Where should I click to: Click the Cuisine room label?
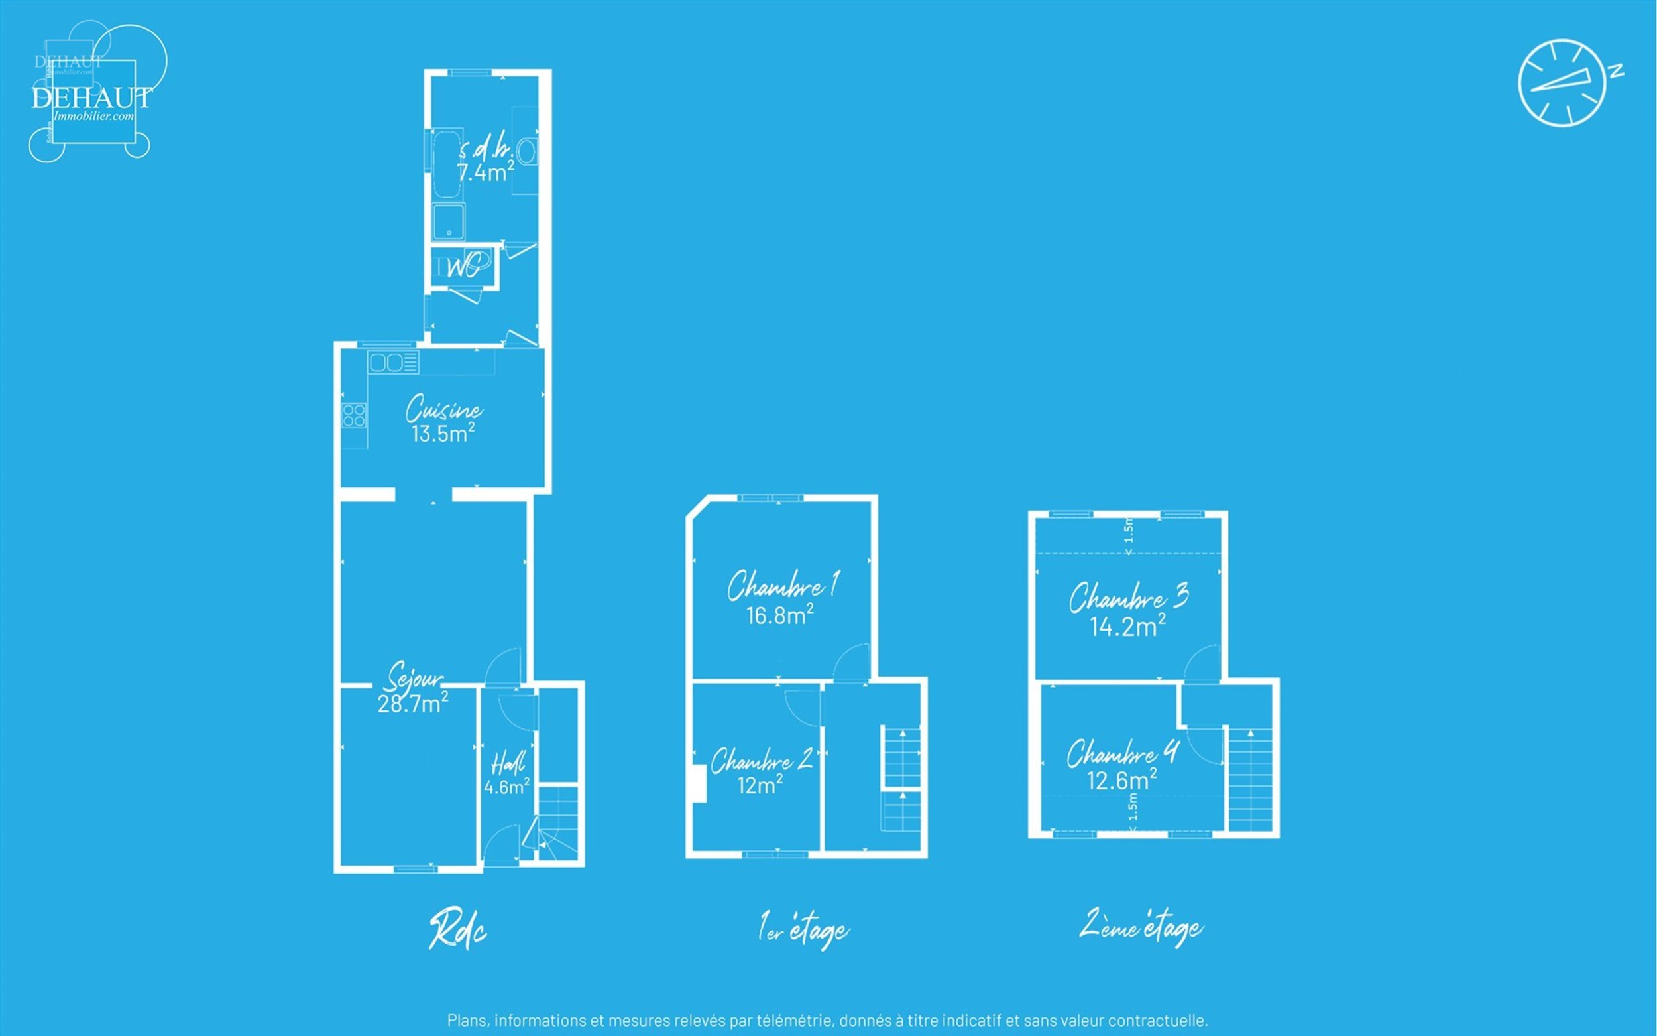(x=443, y=409)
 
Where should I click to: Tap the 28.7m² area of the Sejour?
(x=413, y=703)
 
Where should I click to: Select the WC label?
(x=463, y=266)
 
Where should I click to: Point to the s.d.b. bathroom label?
(x=485, y=149)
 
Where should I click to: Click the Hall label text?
(x=508, y=763)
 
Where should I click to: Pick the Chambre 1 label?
(x=783, y=586)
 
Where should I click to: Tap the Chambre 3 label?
(x=1128, y=597)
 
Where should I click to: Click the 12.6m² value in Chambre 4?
(x=1122, y=780)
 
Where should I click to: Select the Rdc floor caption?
(x=457, y=929)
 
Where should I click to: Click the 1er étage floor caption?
(x=803, y=929)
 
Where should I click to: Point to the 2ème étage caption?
(x=1141, y=927)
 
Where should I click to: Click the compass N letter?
(x=1616, y=71)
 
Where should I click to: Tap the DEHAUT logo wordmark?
(x=91, y=98)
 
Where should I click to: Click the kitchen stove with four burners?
(x=354, y=415)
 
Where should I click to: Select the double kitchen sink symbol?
(x=393, y=361)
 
